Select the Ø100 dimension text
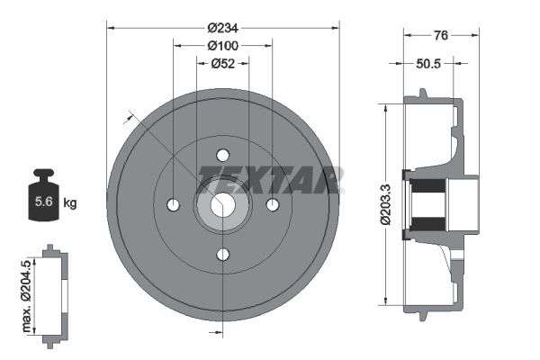[222, 45]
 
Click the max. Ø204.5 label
[26, 292]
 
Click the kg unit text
[69, 203]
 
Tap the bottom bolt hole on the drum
[223, 255]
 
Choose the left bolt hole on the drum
[173, 205]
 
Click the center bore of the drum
[223, 205]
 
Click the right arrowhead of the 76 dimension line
[475, 35]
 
